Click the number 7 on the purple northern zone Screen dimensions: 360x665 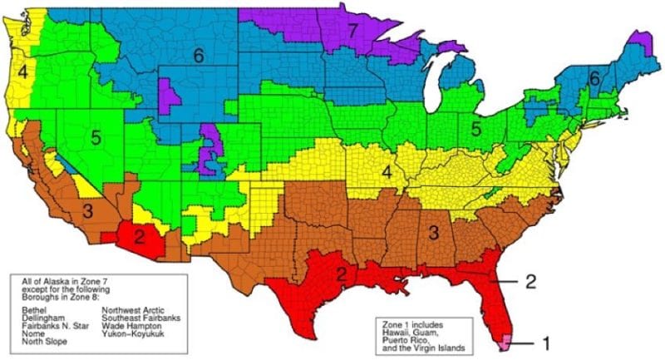coord(352,31)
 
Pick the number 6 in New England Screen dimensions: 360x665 coord(594,77)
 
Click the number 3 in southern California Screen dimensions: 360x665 coord(87,210)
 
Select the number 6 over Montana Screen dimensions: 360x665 coord(198,56)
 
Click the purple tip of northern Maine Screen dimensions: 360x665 coord(639,38)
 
